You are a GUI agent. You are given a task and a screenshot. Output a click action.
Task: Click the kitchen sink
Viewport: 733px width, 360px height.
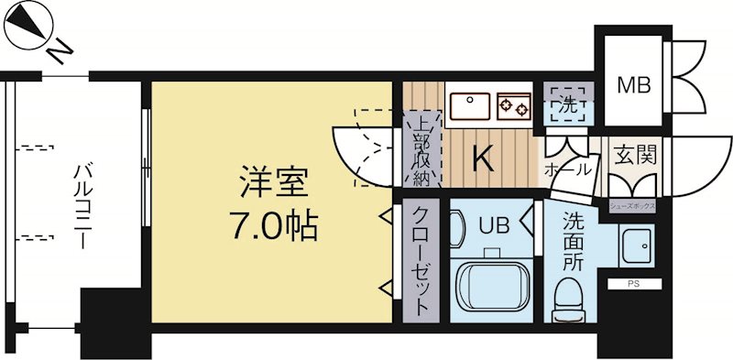coord(470,106)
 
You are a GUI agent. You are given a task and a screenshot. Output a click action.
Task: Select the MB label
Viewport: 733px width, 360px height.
coord(633,85)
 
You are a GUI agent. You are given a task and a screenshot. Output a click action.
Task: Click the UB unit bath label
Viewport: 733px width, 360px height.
coord(487,222)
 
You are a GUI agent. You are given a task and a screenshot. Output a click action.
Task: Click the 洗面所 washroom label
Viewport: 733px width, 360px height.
coord(573,240)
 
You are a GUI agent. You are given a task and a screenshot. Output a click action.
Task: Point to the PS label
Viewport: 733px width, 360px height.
coord(633,285)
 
